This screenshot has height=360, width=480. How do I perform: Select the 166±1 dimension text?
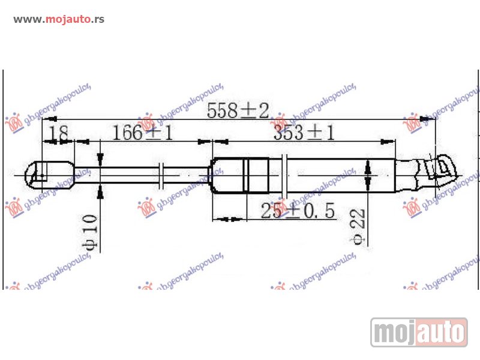[143, 133]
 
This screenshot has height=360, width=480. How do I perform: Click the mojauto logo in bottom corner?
[419, 332]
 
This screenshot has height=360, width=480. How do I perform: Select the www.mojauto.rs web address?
[59, 19]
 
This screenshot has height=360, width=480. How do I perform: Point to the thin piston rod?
[132, 175]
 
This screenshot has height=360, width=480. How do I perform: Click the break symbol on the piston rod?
[161, 175]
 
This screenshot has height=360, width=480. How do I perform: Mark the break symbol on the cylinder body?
[285, 175]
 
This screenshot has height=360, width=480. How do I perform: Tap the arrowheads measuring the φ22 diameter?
[368, 175]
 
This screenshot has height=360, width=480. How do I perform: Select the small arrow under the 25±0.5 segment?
[229, 219]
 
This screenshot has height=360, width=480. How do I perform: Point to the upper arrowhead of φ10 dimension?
[100, 158]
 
